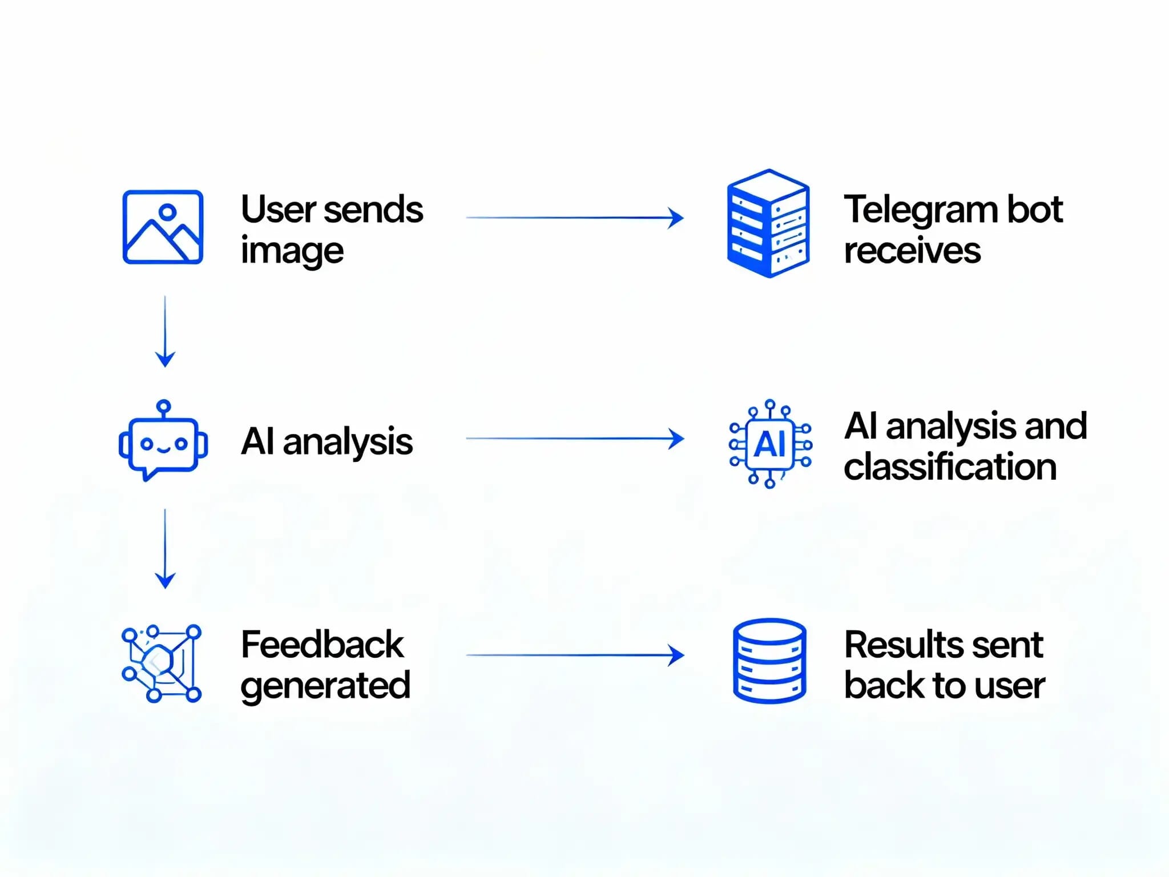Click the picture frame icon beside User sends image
click(163, 227)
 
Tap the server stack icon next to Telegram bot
click(768, 223)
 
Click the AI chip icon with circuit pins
click(770, 444)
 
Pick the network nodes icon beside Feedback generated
click(162, 663)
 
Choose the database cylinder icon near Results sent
click(769, 661)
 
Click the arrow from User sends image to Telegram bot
click(574, 218)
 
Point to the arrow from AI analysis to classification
click(574, 438)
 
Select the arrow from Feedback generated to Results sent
click(574, 655)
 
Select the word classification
click(950, 466)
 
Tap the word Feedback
click(322, 645)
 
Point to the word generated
click(325, 686)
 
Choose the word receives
click(912, 251)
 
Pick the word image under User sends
click(292, 252)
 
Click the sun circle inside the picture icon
click(167, 212)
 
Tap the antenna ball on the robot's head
click(164, 407)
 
